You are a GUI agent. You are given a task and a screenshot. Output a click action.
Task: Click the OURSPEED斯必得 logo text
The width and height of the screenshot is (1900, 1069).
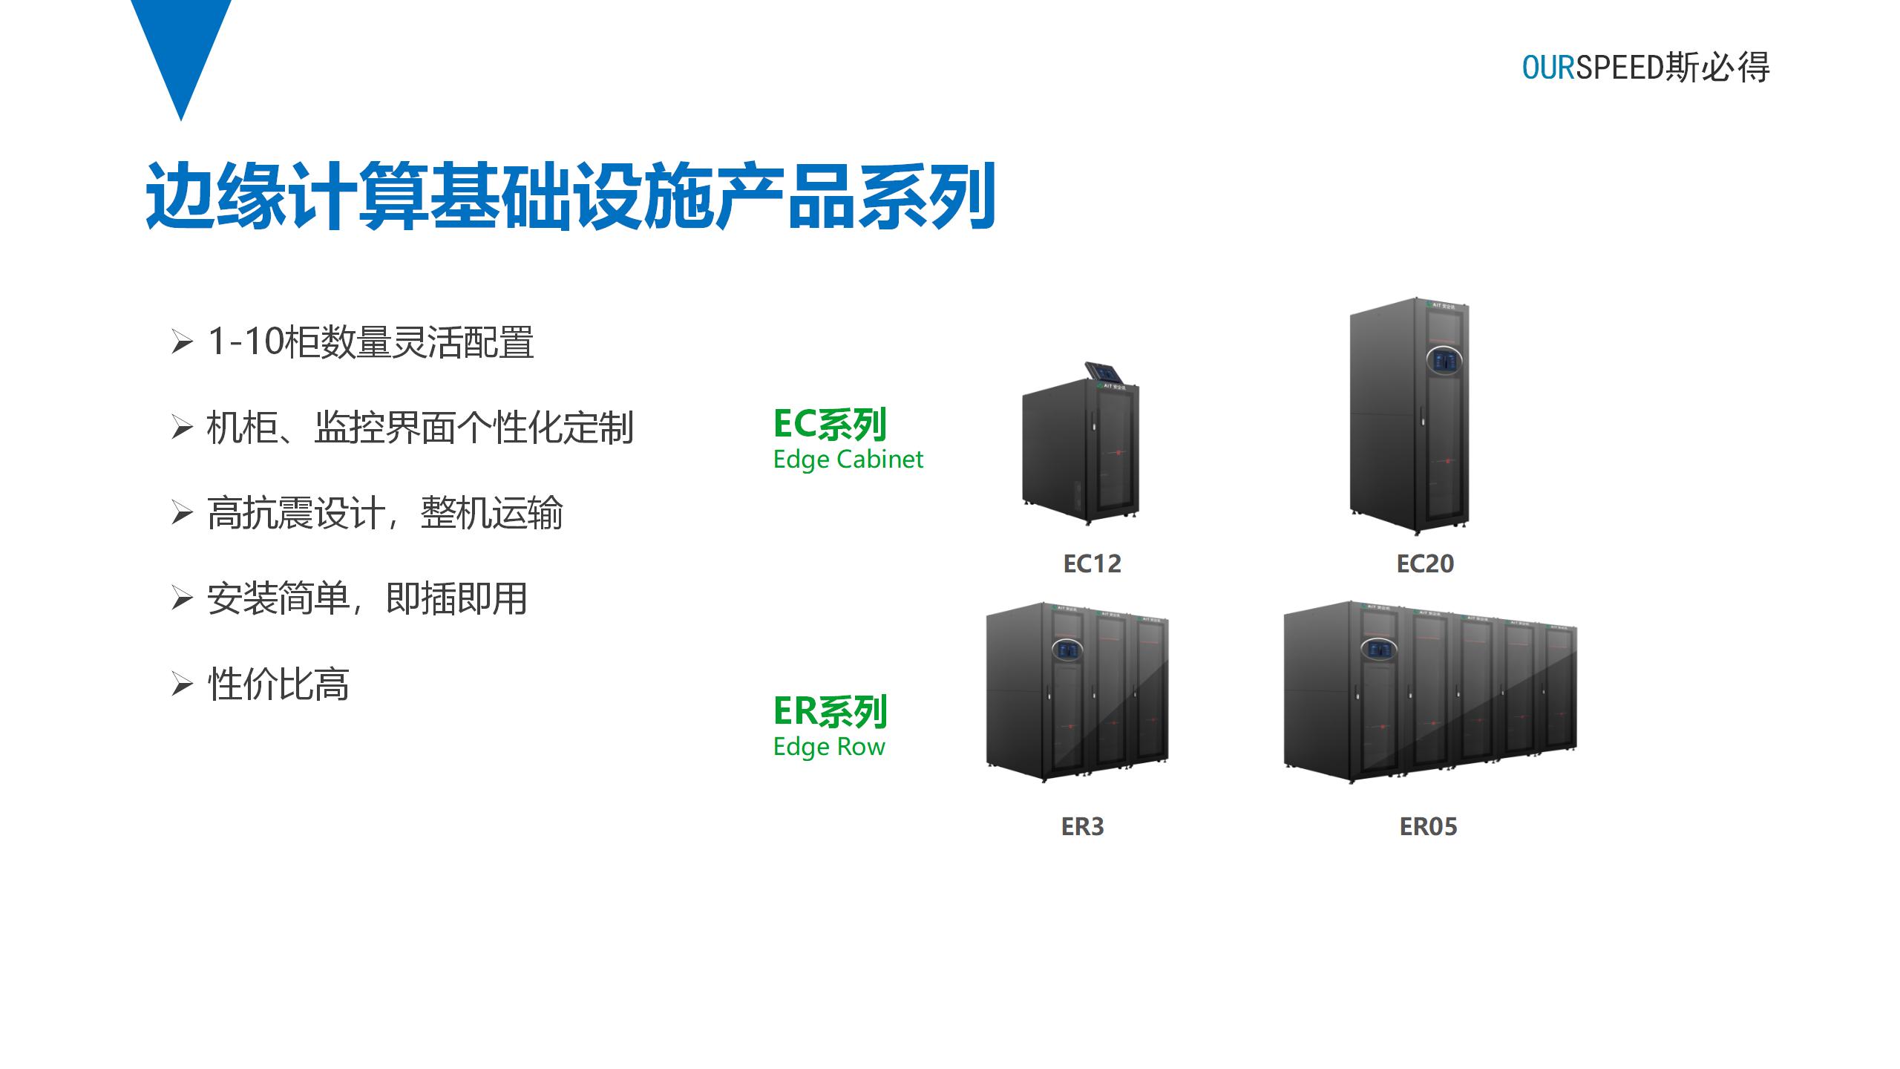tap(1645, 68)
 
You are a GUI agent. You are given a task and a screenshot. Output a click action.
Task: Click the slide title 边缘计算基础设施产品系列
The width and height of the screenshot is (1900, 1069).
tap(570, 196)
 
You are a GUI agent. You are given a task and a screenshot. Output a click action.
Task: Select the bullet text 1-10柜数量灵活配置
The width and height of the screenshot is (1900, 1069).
tap(370, 342)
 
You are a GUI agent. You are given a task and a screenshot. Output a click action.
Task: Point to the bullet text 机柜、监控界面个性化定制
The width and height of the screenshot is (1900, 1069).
tap(420, 428)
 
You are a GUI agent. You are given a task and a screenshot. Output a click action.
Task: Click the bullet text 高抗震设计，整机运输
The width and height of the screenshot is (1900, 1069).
tap(384, 513)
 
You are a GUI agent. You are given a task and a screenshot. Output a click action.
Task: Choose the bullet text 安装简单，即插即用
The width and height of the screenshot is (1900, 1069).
tap(367, 598)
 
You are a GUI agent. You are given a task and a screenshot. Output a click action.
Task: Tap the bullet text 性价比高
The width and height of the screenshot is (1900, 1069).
tap(278, 684)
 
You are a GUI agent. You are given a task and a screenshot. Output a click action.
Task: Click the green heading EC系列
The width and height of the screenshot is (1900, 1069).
tap(830, 425)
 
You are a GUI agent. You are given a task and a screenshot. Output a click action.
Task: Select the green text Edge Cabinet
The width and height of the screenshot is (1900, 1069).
tap(848, 460)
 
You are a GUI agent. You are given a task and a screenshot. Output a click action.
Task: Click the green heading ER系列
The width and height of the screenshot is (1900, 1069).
tap(830, 711)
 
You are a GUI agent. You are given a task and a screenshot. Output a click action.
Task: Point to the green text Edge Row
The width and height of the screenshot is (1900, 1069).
tap(829, 746)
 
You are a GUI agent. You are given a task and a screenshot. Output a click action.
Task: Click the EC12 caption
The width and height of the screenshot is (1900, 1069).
tap(1092, 564)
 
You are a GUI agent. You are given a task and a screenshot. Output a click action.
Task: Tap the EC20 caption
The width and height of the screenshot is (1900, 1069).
tap(1425, 564)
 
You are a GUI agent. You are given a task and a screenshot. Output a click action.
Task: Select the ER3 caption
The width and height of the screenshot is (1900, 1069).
tap(1082, 827)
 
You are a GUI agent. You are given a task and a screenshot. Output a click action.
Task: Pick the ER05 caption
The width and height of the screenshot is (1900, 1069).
tap(1428, 827)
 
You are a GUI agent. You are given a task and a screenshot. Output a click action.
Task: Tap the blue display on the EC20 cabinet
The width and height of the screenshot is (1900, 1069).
tap(1444, 362)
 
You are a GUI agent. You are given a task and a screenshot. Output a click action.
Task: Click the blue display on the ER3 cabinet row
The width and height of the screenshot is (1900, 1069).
tap(1067, 651)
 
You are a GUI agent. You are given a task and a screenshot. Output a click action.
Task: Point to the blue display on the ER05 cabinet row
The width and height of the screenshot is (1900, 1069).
tap(1379, 650)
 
